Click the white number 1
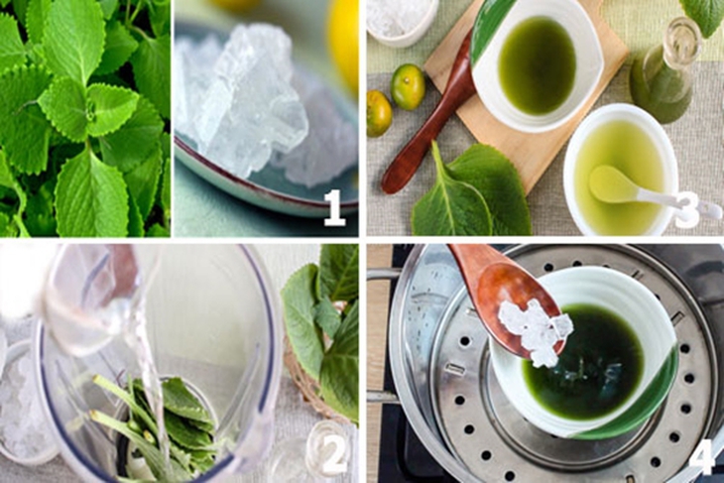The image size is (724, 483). pos(335,208)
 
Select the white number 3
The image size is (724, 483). pos(687,210)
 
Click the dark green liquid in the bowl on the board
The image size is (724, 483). pos(538,64)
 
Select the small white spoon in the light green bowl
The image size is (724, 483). pos(647,193)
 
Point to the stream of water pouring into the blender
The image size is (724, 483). pos(147,369)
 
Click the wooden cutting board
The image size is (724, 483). pos(527,92)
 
